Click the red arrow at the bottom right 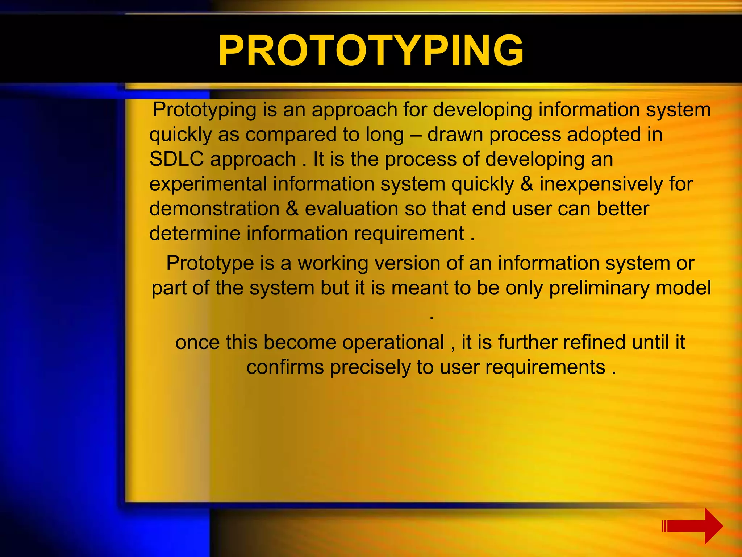click(692, 526)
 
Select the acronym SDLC click(176, 159)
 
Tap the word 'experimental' click(208, 184)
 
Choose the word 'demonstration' click(214, 209)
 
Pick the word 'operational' click(393, 342)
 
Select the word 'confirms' click(285, 367)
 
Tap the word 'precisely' click(370, 367)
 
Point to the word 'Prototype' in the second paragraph click(210, 263)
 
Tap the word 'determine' click(195, 233)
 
